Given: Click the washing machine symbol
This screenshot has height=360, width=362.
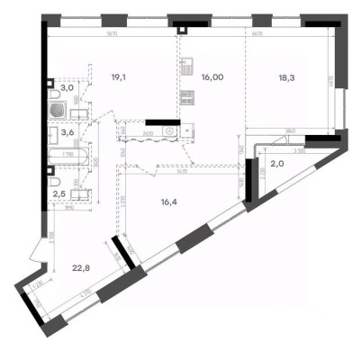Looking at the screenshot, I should click(x=186, y=129).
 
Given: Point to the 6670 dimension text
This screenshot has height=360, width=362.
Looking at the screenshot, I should click(x=258, y=35).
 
